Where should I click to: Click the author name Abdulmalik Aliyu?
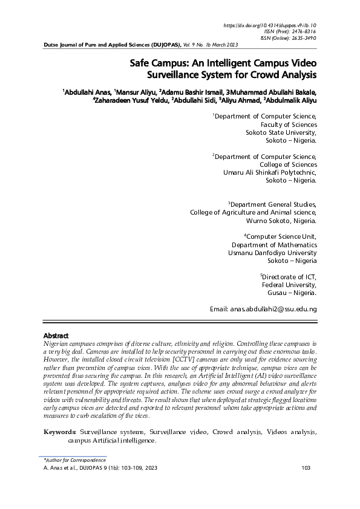(x=291, y=101)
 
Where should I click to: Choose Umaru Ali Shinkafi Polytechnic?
(x=270, y=172)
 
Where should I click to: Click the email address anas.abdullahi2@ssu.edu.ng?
(x=273, y=309)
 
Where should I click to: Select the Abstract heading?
(x=56, y=336)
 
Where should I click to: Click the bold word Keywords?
(x=61, y=432)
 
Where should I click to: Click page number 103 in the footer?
(x=306, y=468)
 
